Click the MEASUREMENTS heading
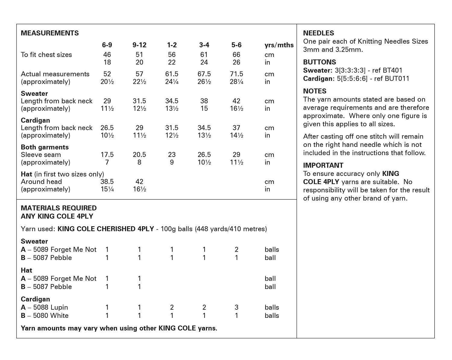pos(50,33)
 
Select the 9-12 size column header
pos(139,45)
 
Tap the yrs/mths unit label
pos(279,45)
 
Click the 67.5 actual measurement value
pos(204,74)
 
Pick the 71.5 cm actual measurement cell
pos(236,74)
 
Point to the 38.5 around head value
pos(107,182)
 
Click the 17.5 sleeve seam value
pos(107,155)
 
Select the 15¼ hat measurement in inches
pos(107,189)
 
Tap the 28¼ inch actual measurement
pos(236,82)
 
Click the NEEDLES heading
pos(319,33)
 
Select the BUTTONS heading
pos(319,62)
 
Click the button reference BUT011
pos(397,79)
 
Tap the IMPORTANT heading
pos(323,165)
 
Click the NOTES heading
pos(315,91)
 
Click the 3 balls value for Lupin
pos(236,308)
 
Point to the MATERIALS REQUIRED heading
pos(59,208)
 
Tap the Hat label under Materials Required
pos(27,270)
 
